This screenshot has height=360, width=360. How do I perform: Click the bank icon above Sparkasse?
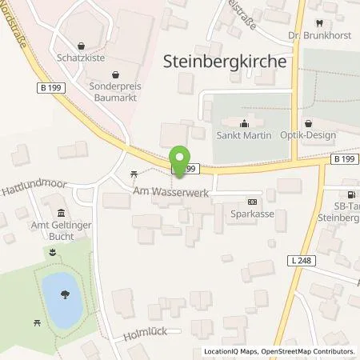tap(253, 202)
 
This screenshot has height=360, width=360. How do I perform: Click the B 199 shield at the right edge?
tap(344, 160)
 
